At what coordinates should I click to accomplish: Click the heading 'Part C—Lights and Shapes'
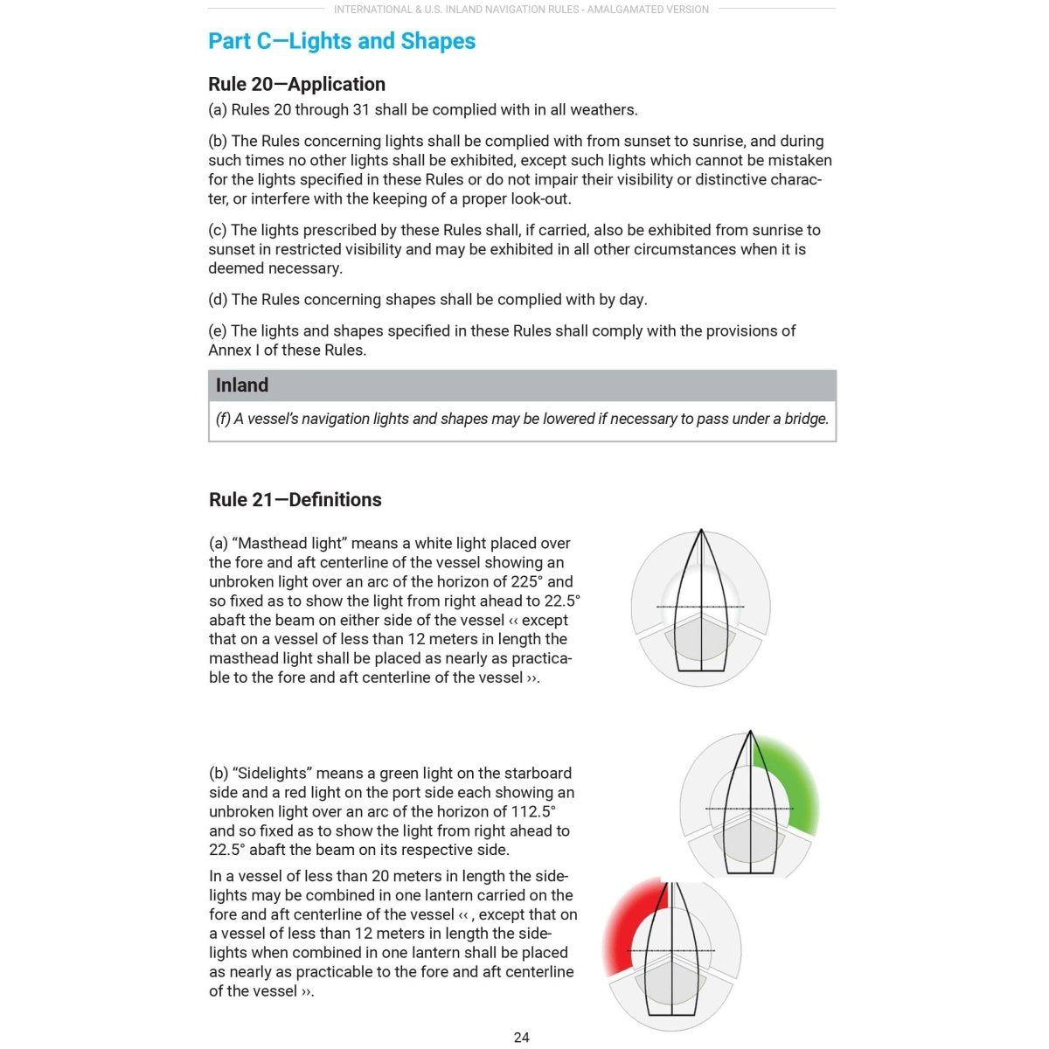(x=342, y=41)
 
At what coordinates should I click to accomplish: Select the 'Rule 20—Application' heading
(x=296, y=84)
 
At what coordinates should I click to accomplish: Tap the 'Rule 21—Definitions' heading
(x=295, y=499)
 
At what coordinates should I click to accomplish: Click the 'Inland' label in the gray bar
(x=242, y=385)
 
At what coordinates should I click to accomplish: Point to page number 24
(x=521, y=1037)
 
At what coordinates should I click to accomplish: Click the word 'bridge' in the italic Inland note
(x=804, y=419)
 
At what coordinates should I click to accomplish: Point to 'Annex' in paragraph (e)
(x=230, y=350)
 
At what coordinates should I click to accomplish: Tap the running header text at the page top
(x=521, y=10)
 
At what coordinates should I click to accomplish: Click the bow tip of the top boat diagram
(x=701, y=531)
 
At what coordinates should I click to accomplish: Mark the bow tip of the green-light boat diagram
(x=751, y=733)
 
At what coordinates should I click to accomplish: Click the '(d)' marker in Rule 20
(x=218, y=299)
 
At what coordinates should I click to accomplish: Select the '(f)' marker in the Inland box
(x=223, y=419)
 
